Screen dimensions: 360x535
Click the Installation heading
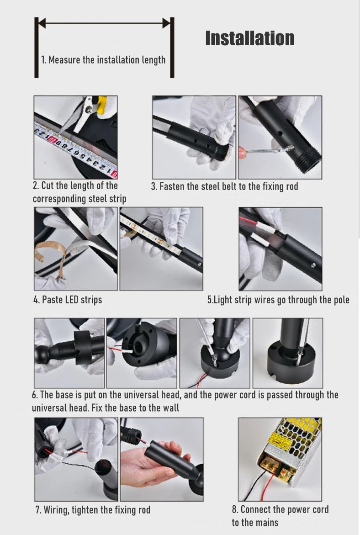(x=250, y=38)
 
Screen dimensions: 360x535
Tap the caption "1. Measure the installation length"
(x=103, y=60)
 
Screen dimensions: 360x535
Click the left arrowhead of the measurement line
(x=42, y=23)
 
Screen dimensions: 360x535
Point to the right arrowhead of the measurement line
(x=166, y=23)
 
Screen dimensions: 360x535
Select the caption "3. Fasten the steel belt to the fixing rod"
(x=224, y=186)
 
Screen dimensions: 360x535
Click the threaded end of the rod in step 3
(x=309, y=155)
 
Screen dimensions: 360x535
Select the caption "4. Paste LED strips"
(x=68, y=300)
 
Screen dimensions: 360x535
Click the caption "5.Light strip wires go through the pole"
(x=278, y=300)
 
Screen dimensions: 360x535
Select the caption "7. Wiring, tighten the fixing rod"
(x=93, y=510)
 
